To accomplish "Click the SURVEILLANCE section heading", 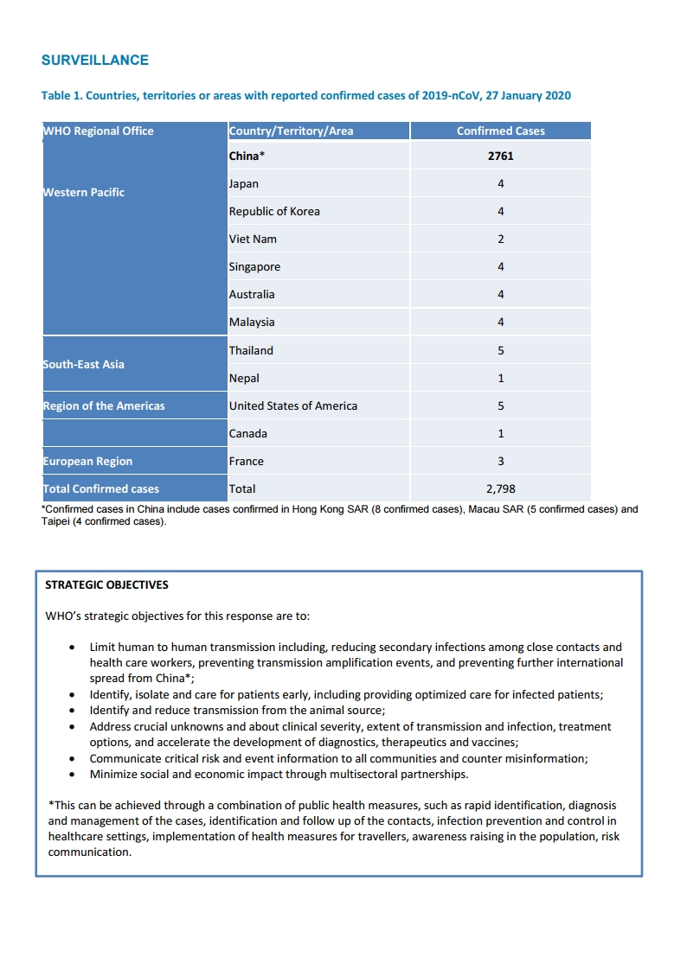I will (x=95, y=61).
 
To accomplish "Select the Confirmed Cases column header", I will (x=500, y=131).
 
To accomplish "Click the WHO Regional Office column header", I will (x=99, y=131).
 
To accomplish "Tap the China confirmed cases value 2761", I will (x=500, y=156).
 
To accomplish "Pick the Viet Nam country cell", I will (x=253, y=239).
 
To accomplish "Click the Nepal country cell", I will (x=244, y=379).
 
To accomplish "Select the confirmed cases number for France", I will (x=500, y=462).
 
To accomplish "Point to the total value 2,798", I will (x=500, y=489).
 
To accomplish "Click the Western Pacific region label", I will (x=84, y=193).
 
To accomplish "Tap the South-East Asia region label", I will (x=84, y=365).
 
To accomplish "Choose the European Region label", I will (x=88, y=462).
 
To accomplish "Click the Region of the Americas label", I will (x=104, y=406).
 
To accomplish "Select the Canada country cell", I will (x=247, y=434).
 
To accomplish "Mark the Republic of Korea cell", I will (x=274, y=212).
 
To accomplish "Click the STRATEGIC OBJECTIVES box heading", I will (x=106, y=585).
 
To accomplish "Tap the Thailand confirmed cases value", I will (x=500, y=351).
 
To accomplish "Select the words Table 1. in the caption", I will (x=61, y=96).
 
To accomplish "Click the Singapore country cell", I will (x=254, y=267).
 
